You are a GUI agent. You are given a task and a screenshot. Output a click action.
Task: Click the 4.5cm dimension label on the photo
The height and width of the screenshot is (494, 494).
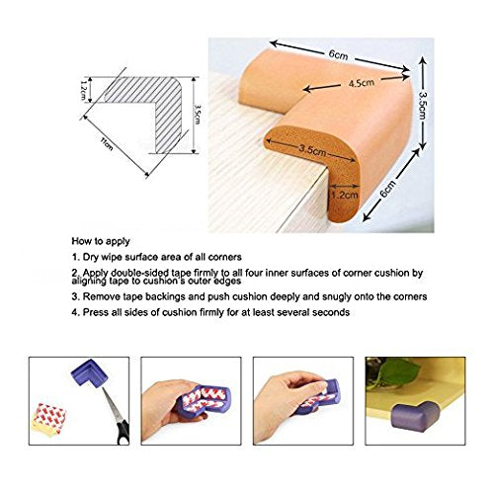coord(362,83)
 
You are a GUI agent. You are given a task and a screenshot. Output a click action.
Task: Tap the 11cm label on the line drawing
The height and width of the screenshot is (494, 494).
coord(107,144)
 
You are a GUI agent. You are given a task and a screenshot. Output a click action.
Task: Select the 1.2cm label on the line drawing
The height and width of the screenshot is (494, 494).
coord(83,91)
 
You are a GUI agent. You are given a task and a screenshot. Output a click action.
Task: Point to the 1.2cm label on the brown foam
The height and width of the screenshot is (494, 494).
coord(344,195)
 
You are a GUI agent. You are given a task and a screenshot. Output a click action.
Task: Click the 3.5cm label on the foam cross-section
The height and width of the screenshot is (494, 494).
coord(312,150)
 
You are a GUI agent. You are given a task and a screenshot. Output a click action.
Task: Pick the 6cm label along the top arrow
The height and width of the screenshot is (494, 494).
coord(338,55)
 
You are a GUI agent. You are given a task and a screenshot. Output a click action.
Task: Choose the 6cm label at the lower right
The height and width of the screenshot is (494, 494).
coord(387,189)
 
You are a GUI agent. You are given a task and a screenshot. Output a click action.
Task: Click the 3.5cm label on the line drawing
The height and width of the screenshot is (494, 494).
coord(197,115)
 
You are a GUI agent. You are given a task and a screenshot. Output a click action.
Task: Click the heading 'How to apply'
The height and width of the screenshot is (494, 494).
coord(101,241)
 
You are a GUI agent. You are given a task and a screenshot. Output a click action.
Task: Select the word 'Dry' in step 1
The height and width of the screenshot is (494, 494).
coord(91,257)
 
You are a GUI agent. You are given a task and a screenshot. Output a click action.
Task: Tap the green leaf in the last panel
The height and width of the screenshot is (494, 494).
coord(396,373)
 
